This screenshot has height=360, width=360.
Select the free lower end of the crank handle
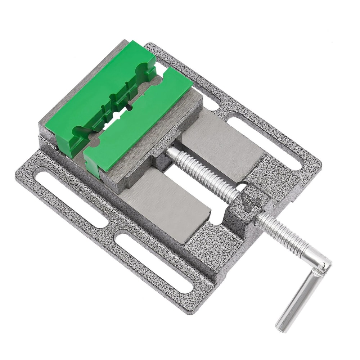pos(283,326)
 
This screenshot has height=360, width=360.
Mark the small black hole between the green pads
pos(129,107)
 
